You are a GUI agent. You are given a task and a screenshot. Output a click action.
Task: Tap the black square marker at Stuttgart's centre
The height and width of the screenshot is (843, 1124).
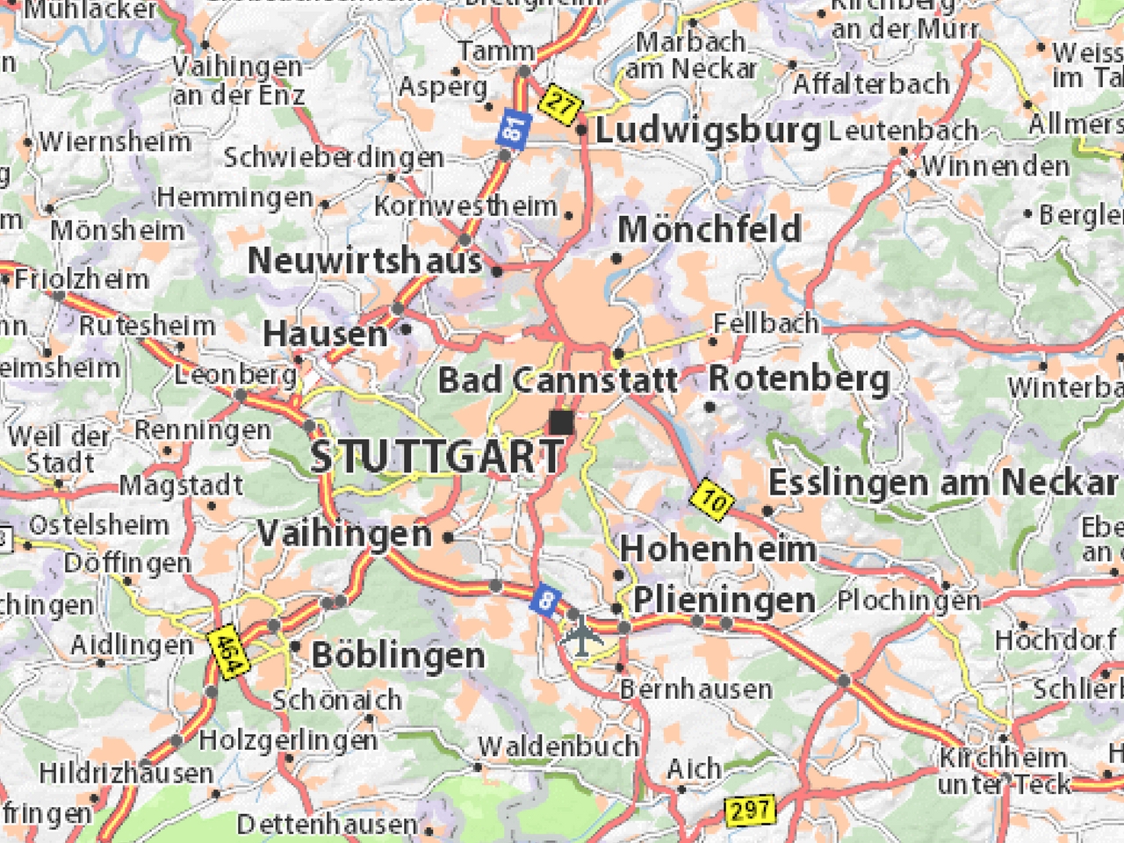click(561, 422)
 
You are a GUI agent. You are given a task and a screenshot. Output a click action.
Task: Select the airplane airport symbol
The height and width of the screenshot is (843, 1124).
click(581, 634)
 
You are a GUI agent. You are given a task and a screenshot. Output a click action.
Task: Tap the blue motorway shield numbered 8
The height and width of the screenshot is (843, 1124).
click(546, 602)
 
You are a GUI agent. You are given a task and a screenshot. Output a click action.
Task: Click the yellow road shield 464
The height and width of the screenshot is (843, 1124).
click(226, 651)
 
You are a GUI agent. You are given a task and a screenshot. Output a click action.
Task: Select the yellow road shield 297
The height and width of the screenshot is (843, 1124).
click(751, 810)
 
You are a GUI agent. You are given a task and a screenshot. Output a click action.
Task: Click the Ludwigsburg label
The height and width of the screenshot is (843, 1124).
click(708, 132)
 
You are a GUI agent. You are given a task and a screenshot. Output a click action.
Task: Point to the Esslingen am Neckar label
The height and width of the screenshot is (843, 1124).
click(942, 482)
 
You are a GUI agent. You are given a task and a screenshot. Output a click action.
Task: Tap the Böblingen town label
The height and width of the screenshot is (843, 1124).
click(398, 655)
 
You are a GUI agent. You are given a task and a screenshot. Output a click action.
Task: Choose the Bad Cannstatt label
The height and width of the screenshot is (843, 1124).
click(558, 380)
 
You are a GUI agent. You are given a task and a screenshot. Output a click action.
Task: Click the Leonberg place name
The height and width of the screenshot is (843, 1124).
click(235, 375)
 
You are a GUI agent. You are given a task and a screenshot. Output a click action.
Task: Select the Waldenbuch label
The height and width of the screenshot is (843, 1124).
click(558, 746)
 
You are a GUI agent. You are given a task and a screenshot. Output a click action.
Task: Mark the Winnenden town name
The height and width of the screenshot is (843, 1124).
click(995, 165)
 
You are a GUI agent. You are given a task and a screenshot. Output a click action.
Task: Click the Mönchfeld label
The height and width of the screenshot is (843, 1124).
click(710, 229)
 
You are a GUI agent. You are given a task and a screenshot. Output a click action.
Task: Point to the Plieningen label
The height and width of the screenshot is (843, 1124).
click(724, 600)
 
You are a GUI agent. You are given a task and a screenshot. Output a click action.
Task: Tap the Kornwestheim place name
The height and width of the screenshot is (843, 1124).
click(465, 206)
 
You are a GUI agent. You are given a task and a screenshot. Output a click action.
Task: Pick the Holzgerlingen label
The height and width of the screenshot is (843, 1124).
click(288, 739)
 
